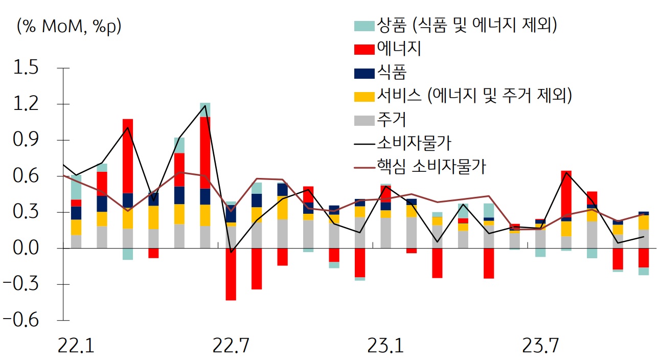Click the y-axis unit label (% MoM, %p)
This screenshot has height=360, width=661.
(x=69, y=26)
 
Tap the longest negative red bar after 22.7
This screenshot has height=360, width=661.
(x=231, y=274)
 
